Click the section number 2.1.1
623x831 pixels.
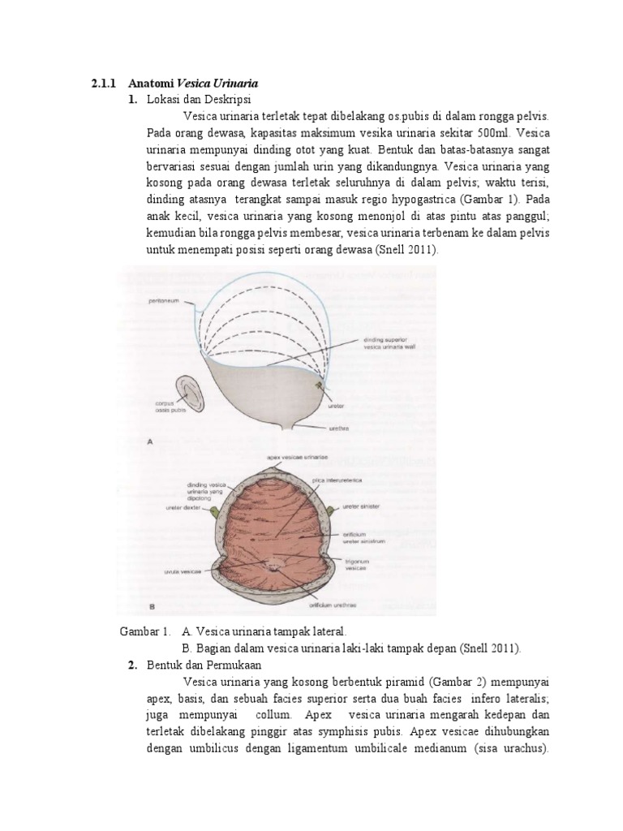pyautogui.click(x=103, y=83)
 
